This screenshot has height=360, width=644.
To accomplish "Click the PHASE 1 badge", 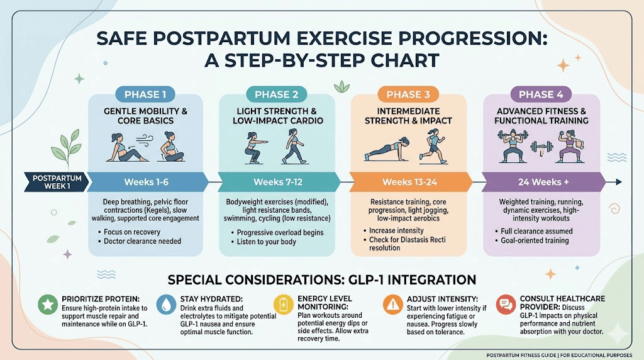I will (145, 94).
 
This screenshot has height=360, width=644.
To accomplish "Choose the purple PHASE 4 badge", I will (536, 94).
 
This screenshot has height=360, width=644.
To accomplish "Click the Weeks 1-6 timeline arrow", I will (147, 182).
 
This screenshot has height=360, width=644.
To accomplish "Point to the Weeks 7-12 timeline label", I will (277, 182).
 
